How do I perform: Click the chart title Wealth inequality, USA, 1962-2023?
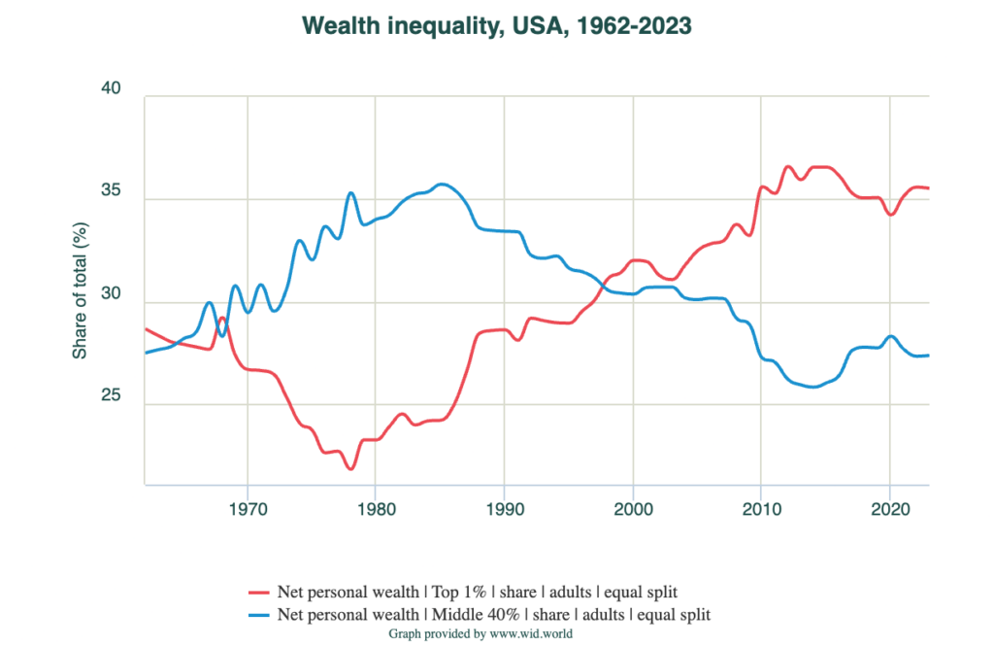click(497, 26)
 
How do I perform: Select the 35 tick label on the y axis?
click(111, 191)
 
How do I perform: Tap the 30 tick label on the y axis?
click(111, 294)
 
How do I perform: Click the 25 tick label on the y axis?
click(111, 396)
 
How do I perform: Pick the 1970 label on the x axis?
click(247, 508)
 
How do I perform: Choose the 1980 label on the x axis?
click(375, 508)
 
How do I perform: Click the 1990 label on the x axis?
click(504, 508)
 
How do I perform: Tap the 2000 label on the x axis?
click(632, 508)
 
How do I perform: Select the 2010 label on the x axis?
click(761, 508)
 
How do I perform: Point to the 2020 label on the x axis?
click(889, 508)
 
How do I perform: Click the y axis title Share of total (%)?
click(80, 289)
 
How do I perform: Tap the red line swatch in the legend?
click(257, 592)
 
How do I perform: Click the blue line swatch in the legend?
click(257, 615)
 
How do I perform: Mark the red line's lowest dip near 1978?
click(350, 469)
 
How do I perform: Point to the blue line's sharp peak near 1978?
click(350, 193)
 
